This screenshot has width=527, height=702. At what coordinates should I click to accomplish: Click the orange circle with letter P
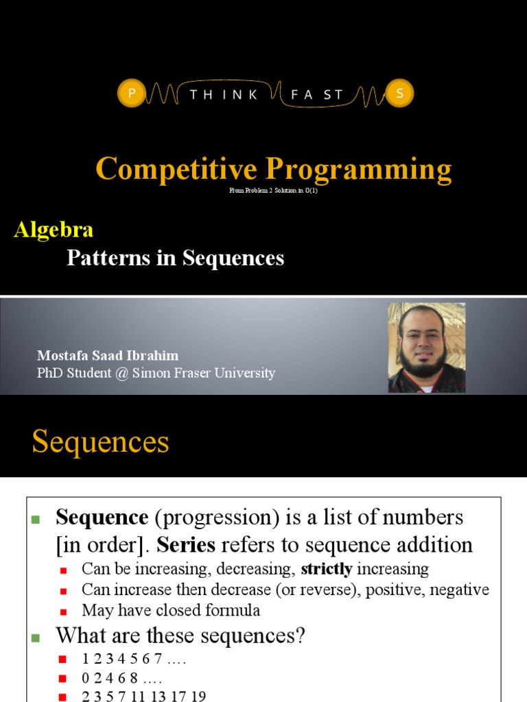click(131, 94)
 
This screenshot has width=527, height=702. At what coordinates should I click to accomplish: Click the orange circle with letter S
click(399, 94)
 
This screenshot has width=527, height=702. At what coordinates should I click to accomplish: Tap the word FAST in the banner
click(316, 95)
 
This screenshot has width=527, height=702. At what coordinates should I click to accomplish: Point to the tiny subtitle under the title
click(274, 191)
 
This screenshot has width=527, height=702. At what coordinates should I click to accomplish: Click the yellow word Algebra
click(54, 230)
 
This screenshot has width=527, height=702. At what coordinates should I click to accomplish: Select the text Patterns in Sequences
click(175, 258)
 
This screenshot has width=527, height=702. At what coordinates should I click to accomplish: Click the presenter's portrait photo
click(426, 348)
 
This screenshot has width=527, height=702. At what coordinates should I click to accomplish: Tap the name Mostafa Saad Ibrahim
click(108, 356)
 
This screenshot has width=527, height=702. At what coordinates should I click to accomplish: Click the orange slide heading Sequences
click(100, 442)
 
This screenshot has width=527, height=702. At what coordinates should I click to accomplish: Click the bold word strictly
click(327, 569)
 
